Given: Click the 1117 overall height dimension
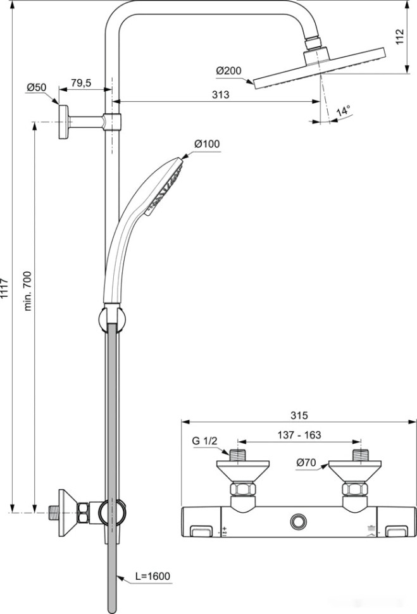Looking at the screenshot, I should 6,288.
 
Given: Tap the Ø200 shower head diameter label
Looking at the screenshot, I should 228,71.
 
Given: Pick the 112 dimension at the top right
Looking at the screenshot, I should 399,37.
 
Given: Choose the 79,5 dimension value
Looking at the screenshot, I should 80,83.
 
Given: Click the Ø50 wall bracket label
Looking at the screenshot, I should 37,88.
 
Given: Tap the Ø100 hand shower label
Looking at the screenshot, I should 207,144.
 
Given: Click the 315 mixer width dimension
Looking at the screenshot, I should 299,416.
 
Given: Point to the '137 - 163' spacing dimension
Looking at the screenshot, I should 299,435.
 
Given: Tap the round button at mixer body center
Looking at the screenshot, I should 297,522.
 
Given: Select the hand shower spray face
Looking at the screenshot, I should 167,187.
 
